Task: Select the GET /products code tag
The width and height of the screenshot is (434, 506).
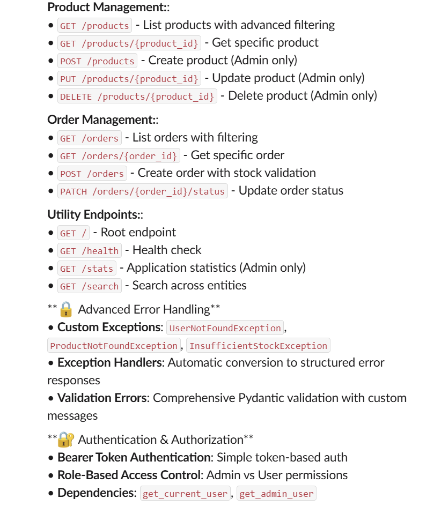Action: tap(94, 26)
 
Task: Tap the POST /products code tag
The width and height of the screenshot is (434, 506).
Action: tap(97, 61)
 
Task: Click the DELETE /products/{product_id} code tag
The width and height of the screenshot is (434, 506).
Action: tap(137, 96)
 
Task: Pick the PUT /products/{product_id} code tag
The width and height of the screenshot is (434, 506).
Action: tap(129, 79)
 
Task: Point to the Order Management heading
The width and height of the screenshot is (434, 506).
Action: tap(102, 120)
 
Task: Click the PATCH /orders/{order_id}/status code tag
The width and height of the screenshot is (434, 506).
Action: tap(142, 191)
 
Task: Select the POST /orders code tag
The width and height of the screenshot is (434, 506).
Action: tap(92, 174)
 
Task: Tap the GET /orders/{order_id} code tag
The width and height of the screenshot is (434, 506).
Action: tap(119, 156)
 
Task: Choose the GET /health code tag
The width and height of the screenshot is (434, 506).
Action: tap(89, 251)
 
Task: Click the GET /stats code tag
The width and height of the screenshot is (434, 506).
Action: tap(87, 269)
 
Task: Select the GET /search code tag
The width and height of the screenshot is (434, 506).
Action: tap(89, 286)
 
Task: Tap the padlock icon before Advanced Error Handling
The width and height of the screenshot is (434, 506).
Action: tap(65, 309)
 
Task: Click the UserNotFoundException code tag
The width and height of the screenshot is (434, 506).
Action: tap(225, 328)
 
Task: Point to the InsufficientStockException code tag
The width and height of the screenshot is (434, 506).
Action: tap(258, 346)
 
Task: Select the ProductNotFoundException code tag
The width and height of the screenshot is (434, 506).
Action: tap(114, 346)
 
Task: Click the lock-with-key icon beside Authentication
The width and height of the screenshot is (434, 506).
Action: tap(65, 440)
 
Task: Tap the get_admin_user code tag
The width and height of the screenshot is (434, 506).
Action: tap(276, 494)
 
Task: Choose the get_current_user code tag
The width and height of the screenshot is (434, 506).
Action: tap(185, 494)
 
